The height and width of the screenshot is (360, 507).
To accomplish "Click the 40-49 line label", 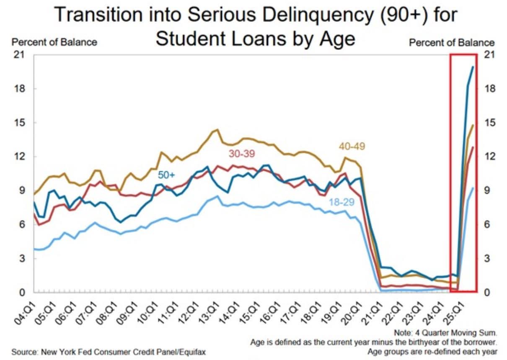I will coord(352,147).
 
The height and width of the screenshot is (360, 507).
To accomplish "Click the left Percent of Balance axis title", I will coord(54,42).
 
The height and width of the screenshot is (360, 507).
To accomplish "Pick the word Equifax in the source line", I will coord(192,352).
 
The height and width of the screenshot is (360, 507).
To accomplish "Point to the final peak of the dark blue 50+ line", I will coord(473,67).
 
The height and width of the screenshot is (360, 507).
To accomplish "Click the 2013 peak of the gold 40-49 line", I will coord(217,130).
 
